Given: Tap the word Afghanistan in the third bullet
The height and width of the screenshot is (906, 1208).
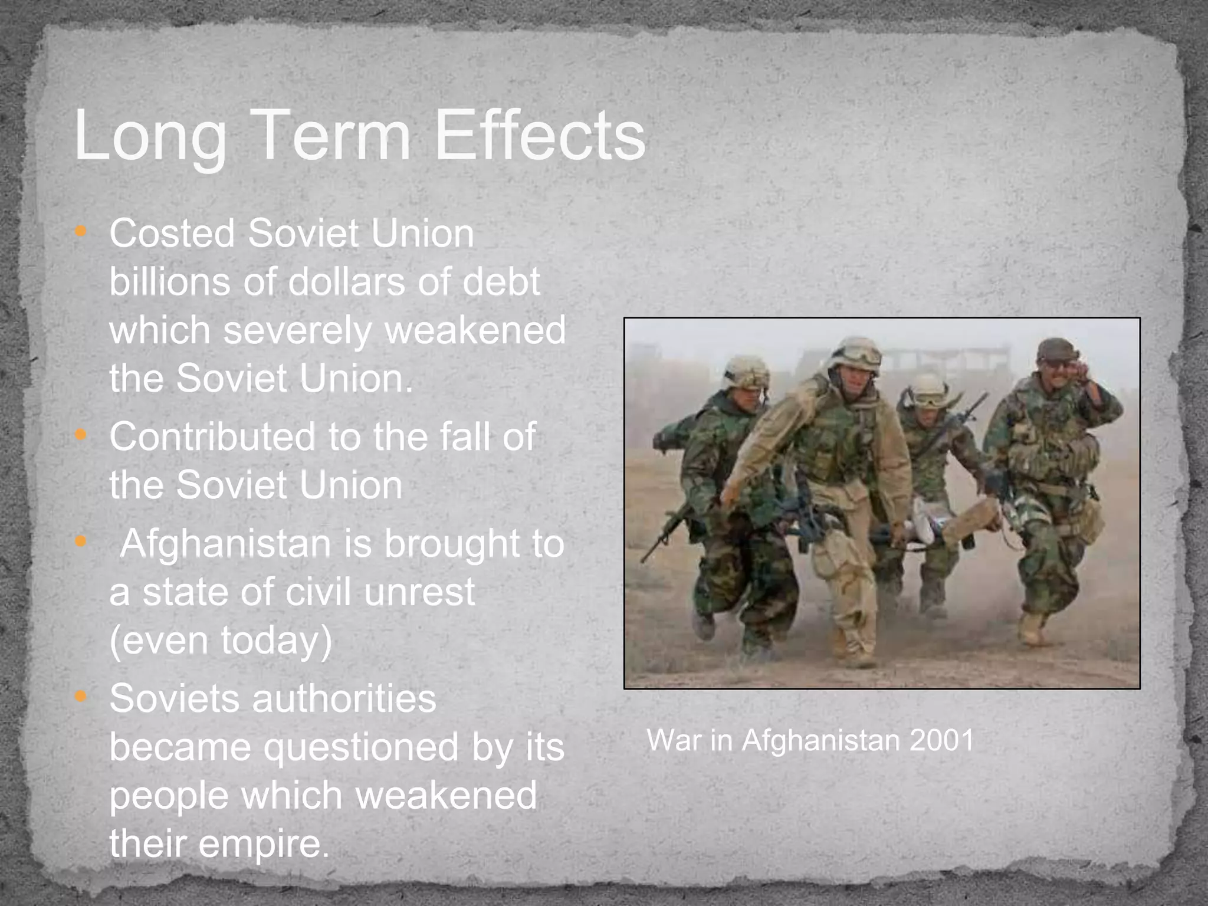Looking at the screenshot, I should tap(225, 544).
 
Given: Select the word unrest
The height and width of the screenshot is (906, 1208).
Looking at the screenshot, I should tap(419, 592).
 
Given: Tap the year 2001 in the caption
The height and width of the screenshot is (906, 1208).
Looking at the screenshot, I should tap(941, 740).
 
